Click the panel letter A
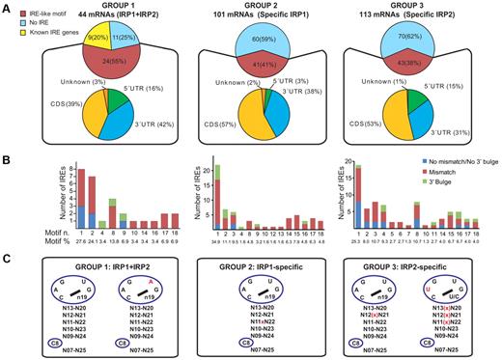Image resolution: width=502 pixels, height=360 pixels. [7, 7]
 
